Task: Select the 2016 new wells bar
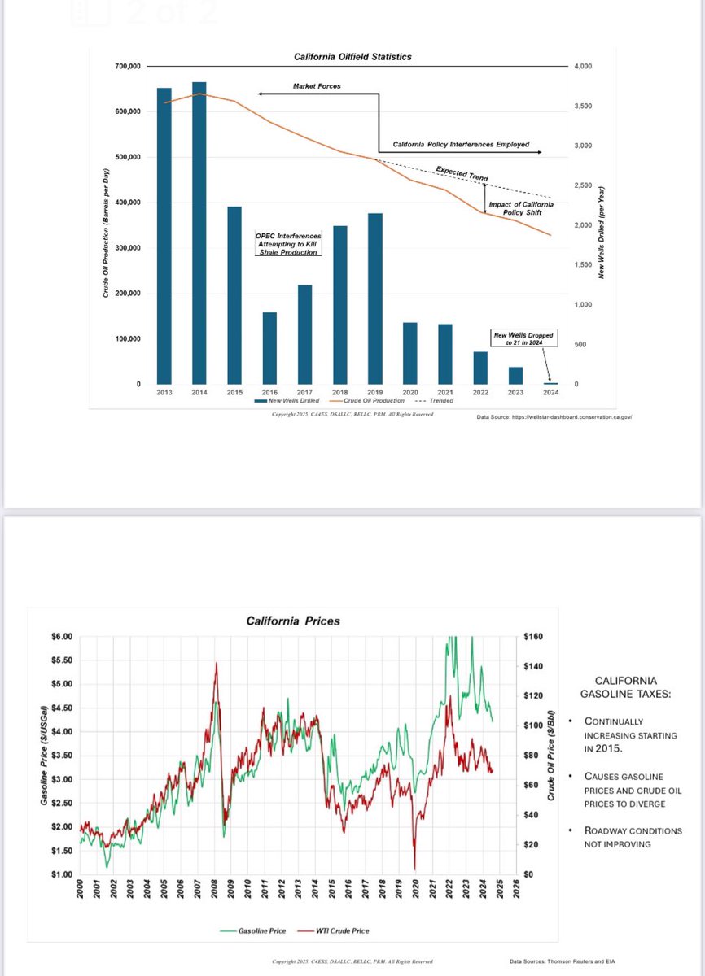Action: [269, 348]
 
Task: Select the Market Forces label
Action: [317, 86]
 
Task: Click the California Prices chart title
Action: [293, 621]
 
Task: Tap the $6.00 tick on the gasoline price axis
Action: [61, 636]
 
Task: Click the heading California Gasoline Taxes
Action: [625, 687]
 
